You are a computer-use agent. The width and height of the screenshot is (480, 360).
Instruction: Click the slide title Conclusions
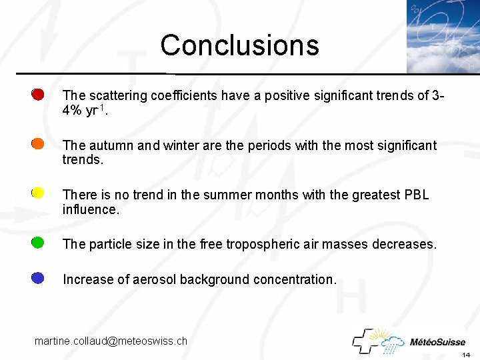pos(239,45)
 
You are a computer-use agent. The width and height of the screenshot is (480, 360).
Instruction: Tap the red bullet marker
pos(38,95)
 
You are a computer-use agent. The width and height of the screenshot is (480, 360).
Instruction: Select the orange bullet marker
pos(38,144)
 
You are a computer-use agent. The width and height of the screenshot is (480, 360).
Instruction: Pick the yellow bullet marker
pos(38,193)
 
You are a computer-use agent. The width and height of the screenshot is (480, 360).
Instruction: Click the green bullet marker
pos(38,243)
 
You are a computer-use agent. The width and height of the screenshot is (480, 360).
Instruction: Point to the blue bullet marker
pos(38,278)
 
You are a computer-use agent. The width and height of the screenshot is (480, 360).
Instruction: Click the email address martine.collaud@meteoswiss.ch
pos(111,341)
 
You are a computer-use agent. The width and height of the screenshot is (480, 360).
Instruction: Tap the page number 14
pos(466,354)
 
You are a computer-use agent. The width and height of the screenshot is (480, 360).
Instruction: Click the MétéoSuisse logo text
pos(437,342)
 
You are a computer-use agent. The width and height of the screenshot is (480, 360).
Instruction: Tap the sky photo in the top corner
pos(443,36)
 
